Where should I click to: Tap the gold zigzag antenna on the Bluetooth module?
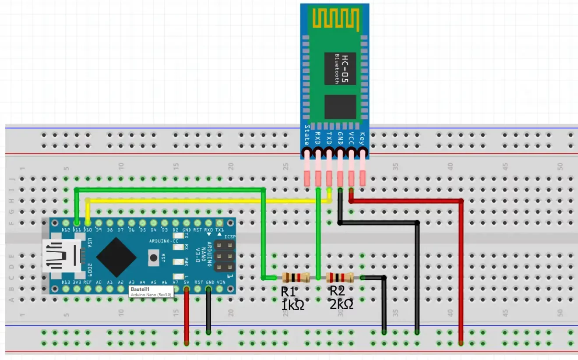click(x=335, y=18)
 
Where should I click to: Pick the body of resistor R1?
click(x=296, y=277)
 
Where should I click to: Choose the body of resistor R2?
click(x=340, y=277)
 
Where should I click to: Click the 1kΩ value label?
click(x=293, y=305)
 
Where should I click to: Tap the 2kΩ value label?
click(x=341, y=304)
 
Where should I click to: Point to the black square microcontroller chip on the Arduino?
click(x=116, y=258)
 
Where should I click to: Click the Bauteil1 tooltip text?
click(x=140, y=289)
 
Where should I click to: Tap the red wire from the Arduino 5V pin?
click(x=187, y=315)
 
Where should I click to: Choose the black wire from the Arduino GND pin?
click(x=208, y=313)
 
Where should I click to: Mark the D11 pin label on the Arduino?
click(x=77, y=230)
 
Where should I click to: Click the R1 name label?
click(x=288, y=291)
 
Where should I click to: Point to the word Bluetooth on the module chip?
click(x=337, y=69)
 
